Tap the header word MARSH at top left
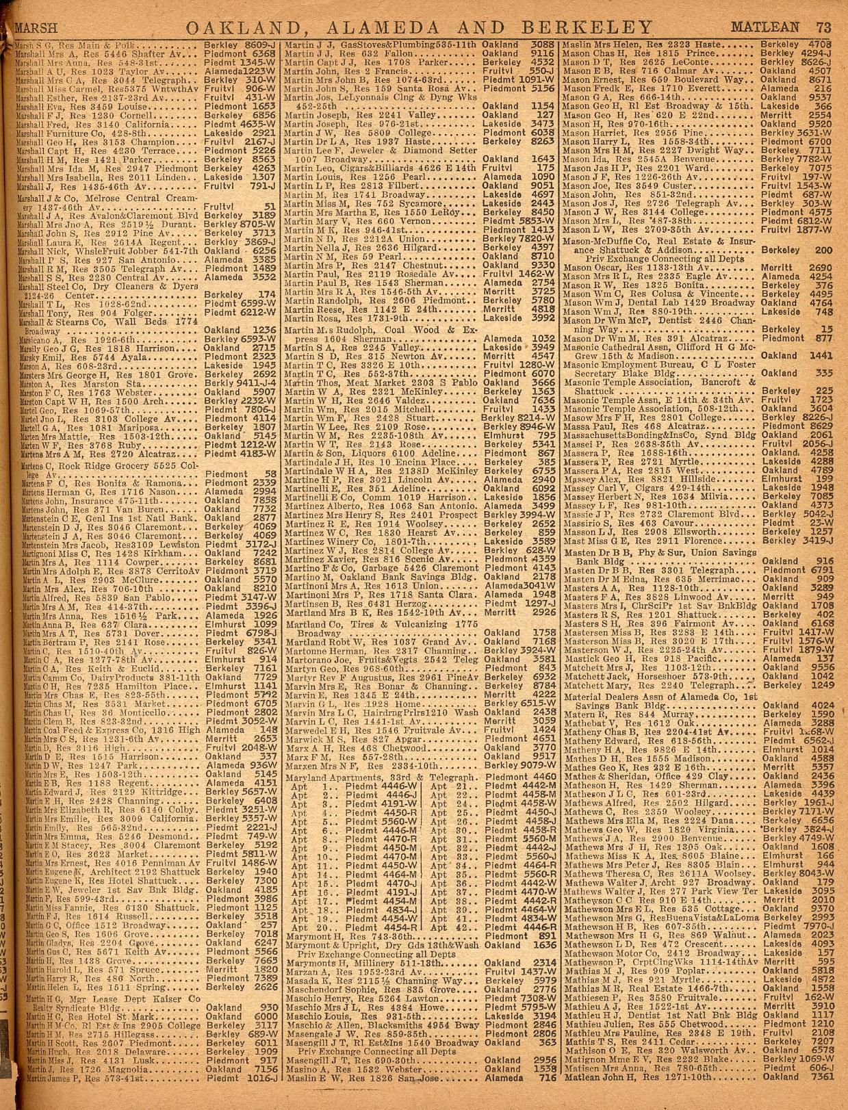tap(36, 29)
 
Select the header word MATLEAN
tap(774, 28)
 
